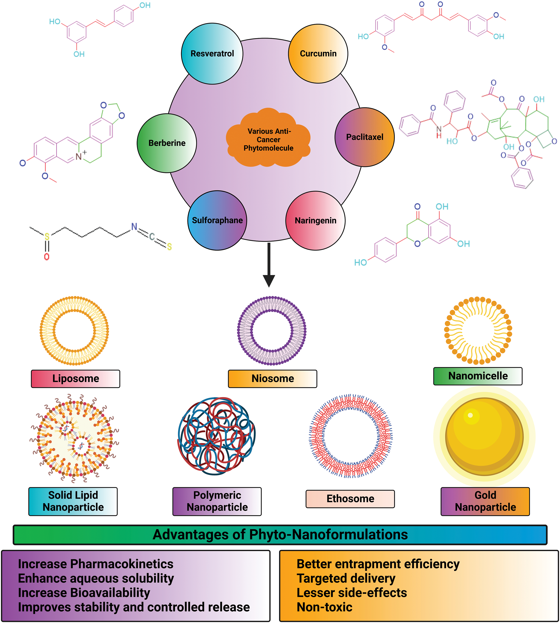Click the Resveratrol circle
[212, 54]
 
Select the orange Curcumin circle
[318, 54]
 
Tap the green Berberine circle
[167, 143]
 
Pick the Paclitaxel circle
[365, 137]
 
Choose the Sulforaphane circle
[217, 220]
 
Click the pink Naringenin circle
[315, 220]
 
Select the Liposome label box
[75, 378]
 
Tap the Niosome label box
[272, 378]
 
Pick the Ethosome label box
[350, 499]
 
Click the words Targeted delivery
[346, 578]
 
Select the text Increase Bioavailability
[84, 593]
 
